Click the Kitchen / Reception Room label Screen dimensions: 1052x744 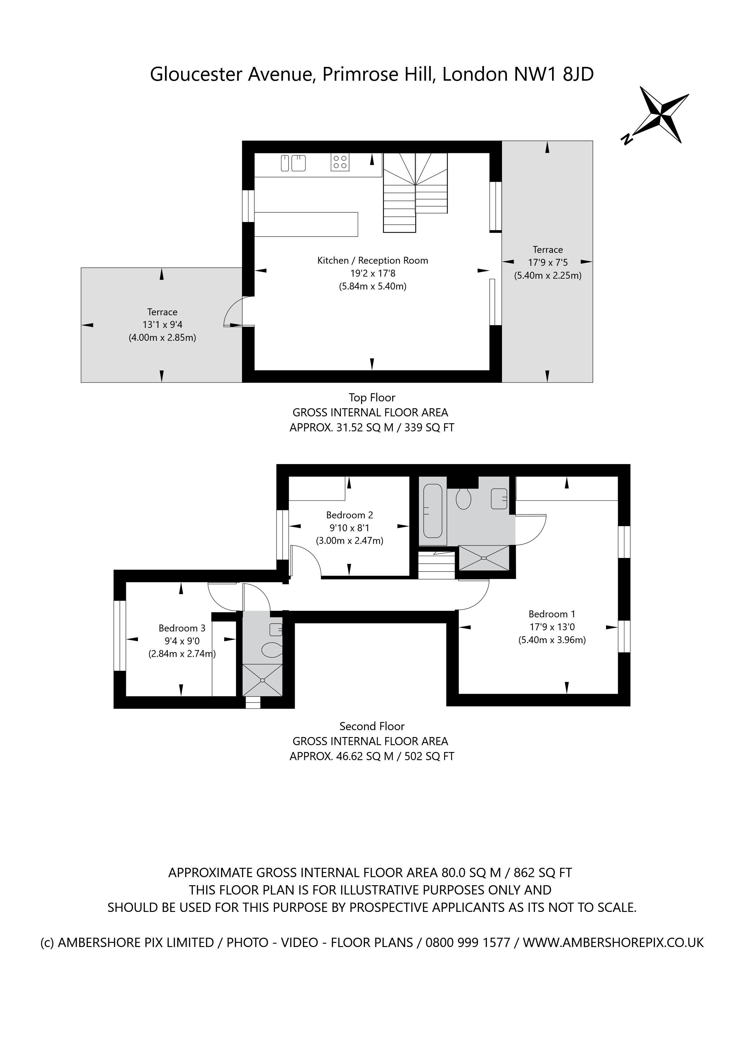click(372, 261)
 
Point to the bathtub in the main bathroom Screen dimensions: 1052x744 click(432, 511)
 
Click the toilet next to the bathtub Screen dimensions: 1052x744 click(464, 499)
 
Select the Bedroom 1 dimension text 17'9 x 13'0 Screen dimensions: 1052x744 click(551, 627)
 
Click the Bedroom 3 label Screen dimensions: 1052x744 click(182, 628)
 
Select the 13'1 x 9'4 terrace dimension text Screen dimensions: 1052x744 click(162, 325)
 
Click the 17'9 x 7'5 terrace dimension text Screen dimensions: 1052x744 click(548, 262)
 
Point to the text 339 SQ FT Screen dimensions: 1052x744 click(429, 427)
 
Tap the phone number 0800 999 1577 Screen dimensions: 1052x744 click(468, 943)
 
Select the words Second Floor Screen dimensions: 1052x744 click(372, 726)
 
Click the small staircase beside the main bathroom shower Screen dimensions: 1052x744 click(436, 566)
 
